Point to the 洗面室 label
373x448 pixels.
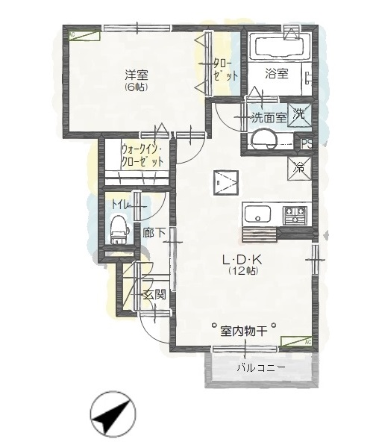[x=269, y=116]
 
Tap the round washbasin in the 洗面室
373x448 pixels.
[x=263, y=139]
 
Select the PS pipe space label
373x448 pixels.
[x=307, y=142]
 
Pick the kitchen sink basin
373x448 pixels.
[x=257, y=215]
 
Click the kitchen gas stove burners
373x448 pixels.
[x=294, y=215]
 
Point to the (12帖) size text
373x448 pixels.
[x=242, y=272]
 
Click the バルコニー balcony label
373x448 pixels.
[x=259, y=367]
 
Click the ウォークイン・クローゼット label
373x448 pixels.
[x=142, y=155]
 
